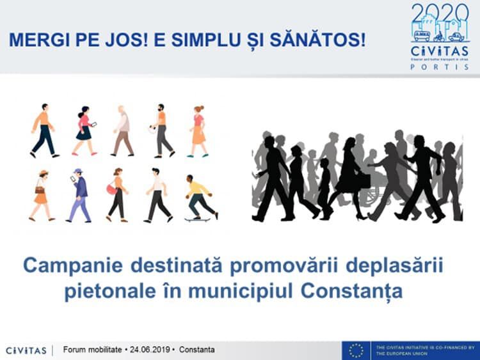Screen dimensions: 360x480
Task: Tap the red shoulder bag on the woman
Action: click(112, 189)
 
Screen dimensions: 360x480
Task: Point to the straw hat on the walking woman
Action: click(42, 173)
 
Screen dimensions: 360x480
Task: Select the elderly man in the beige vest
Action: click(122, 131)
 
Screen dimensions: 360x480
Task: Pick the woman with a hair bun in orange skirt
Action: click(198, 131)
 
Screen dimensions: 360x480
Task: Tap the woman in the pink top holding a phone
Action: click(84, 130)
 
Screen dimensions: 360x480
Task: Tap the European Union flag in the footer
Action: click(356, 350)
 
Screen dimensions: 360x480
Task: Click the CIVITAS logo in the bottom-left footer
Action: click(26, 350)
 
